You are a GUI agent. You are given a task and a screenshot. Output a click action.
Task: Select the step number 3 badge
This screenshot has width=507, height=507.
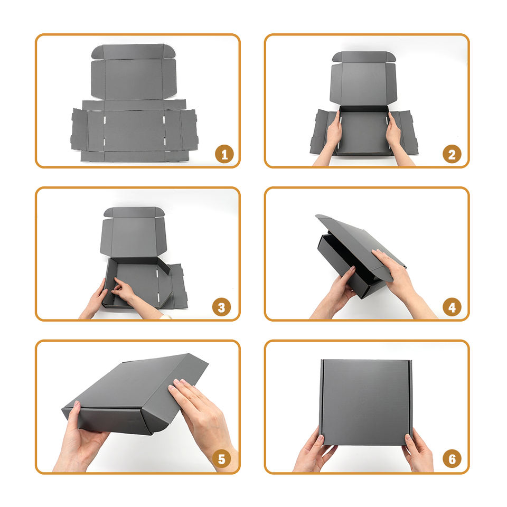221,307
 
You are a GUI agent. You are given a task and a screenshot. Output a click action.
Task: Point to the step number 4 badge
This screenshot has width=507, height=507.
452,307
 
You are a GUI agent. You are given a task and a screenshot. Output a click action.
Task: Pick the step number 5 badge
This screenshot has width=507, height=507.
221,459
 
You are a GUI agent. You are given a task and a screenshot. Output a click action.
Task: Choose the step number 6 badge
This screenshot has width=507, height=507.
452,459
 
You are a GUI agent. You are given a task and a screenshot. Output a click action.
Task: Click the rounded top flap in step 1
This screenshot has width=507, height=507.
133,52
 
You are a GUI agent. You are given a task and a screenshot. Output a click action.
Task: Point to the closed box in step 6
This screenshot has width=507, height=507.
365,402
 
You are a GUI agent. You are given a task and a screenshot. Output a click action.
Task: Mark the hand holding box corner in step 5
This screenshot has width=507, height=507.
79,437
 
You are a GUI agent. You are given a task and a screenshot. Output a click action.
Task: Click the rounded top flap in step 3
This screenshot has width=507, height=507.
134,212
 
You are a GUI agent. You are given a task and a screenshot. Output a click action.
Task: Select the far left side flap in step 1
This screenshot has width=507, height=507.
79,130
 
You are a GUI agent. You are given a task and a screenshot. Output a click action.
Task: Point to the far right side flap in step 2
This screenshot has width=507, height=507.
408,133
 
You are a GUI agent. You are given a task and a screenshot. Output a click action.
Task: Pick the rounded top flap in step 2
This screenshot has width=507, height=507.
364,57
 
